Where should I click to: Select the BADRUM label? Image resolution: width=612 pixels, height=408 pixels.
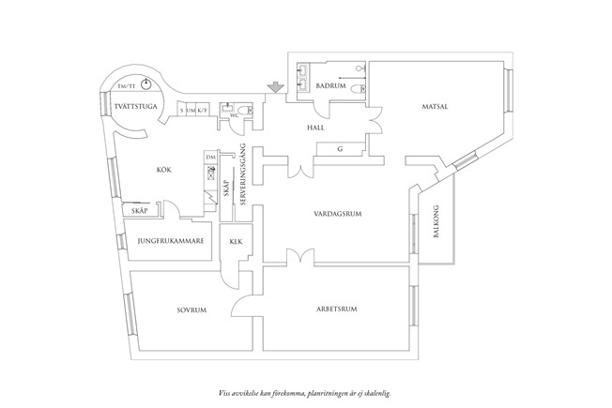click(x=331, y=86)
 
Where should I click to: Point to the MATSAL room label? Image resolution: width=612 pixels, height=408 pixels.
click(x=432, y=107)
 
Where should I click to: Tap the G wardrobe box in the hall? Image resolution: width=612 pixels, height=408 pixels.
click(x=339, y=148)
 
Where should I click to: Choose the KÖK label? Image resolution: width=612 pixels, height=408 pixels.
click(x=166, y=170)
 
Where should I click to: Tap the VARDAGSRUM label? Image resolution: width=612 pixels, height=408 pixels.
click(x=339, y=215)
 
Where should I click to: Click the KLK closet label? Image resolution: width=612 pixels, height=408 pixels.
click(x=236, y=241)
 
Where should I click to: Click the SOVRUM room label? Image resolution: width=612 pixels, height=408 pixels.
click(x=191, y=310)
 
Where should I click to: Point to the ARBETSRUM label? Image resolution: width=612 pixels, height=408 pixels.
click(x=334, y=308)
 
